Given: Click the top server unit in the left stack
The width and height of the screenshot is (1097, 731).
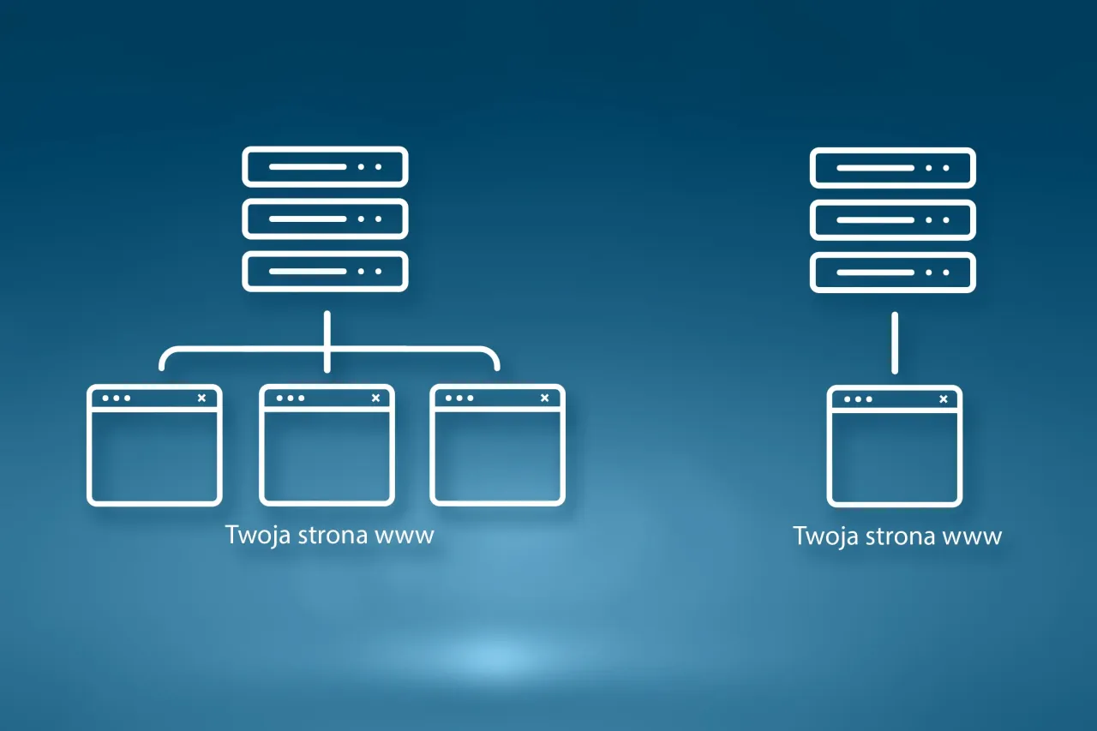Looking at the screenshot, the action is (325, 166).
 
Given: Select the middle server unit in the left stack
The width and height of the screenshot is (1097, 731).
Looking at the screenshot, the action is (325, 219).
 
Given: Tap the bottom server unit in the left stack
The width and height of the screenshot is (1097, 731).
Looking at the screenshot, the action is (325, 272).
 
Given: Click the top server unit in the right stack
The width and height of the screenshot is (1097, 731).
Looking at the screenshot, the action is (892, 168).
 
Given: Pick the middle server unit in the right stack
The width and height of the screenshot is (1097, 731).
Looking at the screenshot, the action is (892, 220).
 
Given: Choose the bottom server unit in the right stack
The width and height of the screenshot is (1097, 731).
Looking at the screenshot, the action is (892, 273).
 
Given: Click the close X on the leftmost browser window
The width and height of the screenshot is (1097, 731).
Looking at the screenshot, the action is (201, 398).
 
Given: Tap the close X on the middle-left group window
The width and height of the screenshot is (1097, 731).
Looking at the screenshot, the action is (375, 398).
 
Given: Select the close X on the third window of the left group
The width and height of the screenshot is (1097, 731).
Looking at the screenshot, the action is (544, 398).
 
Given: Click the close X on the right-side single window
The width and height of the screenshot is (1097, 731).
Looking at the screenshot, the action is (944, 399).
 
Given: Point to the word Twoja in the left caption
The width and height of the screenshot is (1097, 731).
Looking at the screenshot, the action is (258, 535).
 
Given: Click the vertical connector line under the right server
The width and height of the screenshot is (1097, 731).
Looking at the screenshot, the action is (895, 343).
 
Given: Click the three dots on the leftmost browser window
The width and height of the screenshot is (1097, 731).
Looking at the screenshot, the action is (116, 398).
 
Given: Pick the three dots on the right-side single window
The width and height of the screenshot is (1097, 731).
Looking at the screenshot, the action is (858, 399).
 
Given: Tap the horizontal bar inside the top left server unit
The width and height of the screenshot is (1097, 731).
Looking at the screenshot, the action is (308, 167).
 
